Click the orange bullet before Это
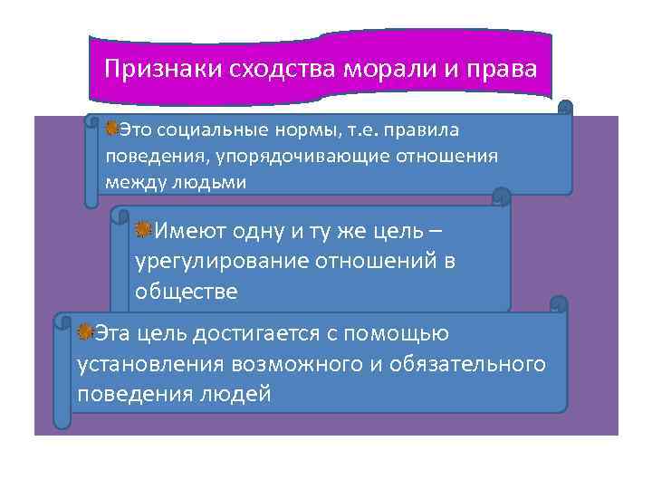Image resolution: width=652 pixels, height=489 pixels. [111, 129]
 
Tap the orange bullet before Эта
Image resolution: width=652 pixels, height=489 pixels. [85, 332]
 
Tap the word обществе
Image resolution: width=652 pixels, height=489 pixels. [186, 292]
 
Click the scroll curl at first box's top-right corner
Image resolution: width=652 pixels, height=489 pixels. [565, 109]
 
